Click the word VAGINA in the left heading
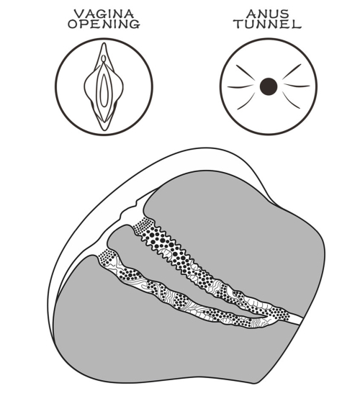(x=104, y=14)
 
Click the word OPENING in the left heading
(x=104, y=24)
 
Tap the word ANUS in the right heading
(x=268, y=14)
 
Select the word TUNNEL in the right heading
(x=268, y=24)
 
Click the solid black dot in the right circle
(x=269, y=86)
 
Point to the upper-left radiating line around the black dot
(x=246, y=73)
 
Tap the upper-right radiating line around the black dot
(x=292, y=71)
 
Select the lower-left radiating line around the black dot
(x=246, y=101)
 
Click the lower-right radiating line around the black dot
(x=291, y=100)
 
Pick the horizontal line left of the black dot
(x=240, y=86)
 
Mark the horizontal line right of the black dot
(x=297, y=86)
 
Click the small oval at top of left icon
(x=104, y=58)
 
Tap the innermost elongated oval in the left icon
(x=104, y=90)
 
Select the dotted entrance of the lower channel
(x=106, y=256)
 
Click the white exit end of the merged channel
(x=296, y=319)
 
